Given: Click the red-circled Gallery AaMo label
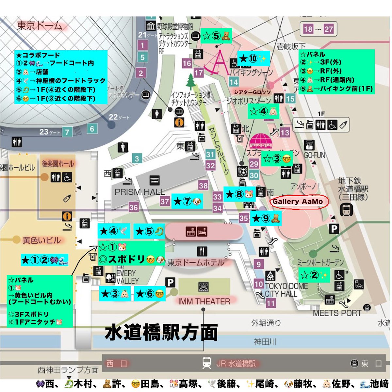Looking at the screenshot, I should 298,202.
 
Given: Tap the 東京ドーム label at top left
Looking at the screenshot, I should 40,25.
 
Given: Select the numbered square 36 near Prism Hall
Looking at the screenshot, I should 133,207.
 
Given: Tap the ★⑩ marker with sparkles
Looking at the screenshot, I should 253,59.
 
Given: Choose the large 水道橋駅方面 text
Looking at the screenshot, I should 161,333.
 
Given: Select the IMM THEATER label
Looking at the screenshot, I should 204,301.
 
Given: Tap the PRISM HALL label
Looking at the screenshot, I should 139,192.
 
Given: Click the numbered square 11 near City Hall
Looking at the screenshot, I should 271,303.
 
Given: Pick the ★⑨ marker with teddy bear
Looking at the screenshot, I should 266,218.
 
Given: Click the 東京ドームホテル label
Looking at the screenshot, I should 196,262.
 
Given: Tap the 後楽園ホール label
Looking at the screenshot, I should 58,164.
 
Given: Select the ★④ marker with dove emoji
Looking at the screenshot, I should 113,231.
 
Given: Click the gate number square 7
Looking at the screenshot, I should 67,132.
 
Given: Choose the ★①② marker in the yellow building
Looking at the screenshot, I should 44,260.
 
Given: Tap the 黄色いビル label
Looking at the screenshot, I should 41,240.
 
